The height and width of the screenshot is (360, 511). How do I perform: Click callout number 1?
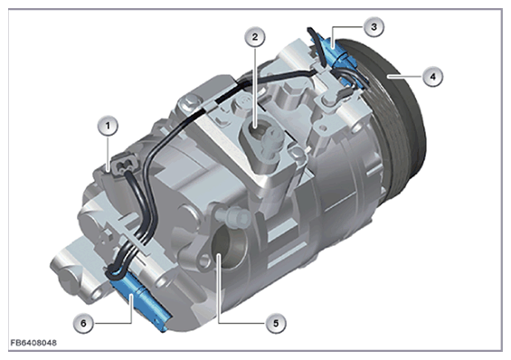coord(108,126)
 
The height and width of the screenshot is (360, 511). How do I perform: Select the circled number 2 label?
coord(255,37)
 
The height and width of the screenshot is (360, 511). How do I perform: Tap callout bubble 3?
coord(374,27)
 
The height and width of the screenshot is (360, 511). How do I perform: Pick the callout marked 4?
coord(432,77)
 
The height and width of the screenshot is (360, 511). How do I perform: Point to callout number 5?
coord(276,323)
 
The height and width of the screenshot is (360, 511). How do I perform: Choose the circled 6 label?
coord(83,323)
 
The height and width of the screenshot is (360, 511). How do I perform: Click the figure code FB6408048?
coord(33,343)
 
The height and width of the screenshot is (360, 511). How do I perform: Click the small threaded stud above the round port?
coord(232,215)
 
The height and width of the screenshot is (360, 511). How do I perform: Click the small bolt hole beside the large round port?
coord(204,260)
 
